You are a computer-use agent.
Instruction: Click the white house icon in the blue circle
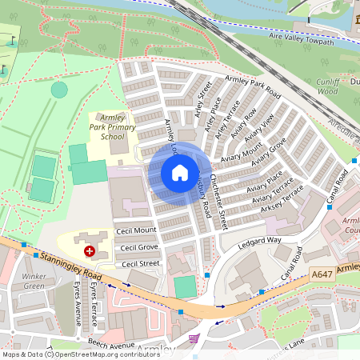coord(180,173)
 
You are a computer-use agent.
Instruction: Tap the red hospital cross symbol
coord(89,251)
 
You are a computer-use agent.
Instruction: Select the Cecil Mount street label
coord(135,230)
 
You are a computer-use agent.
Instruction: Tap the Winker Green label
coord(34,281)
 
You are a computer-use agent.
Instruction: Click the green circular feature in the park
coord(59,90)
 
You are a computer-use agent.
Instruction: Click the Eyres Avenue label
coord(79,307)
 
